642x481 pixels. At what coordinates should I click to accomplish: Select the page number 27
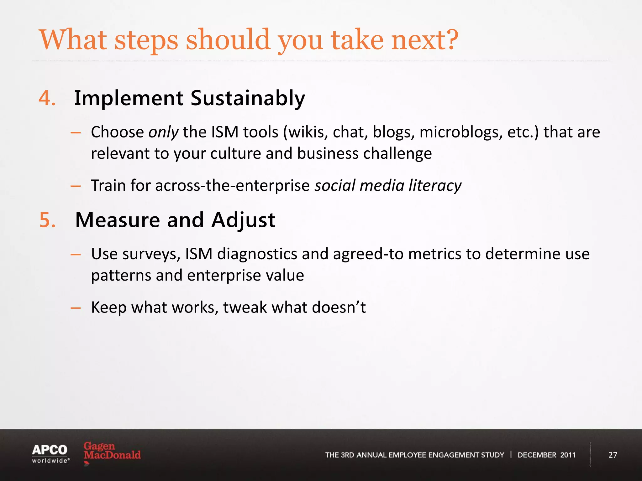[613, 455]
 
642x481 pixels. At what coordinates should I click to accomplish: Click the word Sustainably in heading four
[248, 99]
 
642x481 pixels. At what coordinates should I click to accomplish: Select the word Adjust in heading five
[243, 220]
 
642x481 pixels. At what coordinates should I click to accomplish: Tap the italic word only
[163, 132]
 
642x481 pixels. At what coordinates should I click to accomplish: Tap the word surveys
[151, 254]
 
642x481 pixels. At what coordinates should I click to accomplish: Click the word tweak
[245, 307]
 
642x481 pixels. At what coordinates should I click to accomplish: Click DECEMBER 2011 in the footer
[546, 455]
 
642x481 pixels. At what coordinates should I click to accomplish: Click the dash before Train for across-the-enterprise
[76, 186]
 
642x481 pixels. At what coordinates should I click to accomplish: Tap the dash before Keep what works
[76, 308]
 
